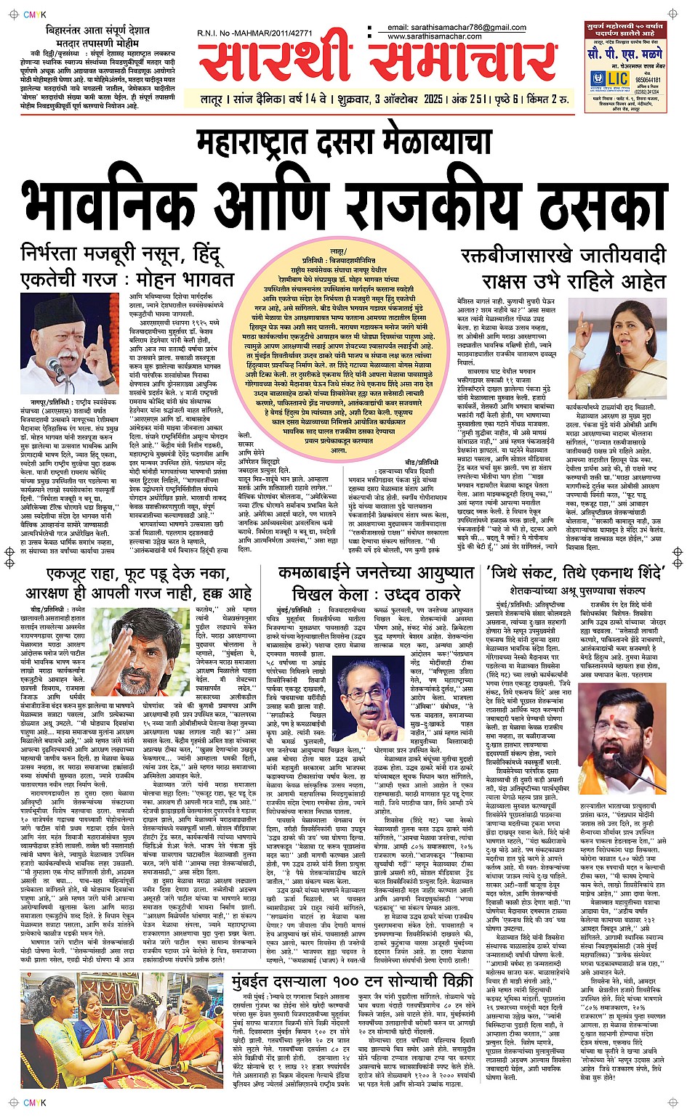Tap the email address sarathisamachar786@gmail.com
(457, 28)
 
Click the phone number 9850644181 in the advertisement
(648, 80)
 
